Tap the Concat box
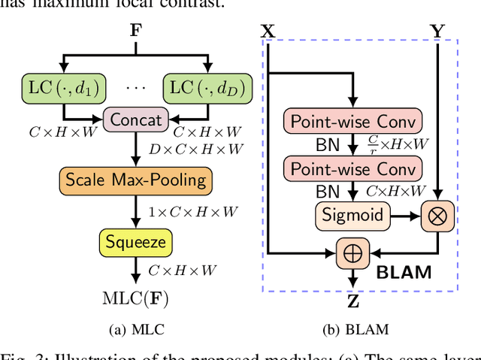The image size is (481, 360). coord(135,119)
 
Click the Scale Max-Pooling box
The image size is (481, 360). coord(135,180)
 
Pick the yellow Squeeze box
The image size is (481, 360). coord(135,242)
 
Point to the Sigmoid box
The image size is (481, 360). coord(352,216)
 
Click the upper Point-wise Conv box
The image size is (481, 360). coord(346,121)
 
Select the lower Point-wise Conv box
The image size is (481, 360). coord(346,168)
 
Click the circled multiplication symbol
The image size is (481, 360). coord(437,216)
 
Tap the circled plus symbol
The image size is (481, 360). coord(352,253)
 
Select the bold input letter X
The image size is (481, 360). coord(268,32)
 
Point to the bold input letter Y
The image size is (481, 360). coord(437,32)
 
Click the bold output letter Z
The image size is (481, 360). coord(352,304)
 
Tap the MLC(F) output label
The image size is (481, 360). coord(135,298)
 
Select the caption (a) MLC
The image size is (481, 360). coord(135,328)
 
